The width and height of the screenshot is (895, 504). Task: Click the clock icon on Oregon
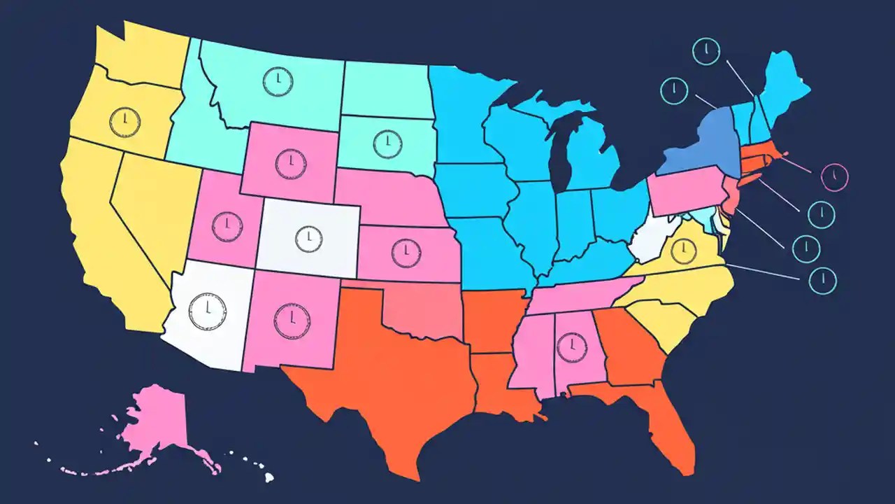[124, 120]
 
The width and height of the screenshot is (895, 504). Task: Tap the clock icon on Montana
[278, 81]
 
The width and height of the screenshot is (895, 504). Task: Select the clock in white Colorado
[308, 239]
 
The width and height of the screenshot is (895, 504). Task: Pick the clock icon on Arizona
[208, 311]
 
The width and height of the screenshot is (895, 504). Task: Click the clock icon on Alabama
[572, 346]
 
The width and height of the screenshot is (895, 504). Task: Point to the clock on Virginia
[685, 250]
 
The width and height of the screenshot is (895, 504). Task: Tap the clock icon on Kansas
[406, 252]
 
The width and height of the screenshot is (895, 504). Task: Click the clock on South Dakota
[387, 143]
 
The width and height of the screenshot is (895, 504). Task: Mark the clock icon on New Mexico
[292, 321]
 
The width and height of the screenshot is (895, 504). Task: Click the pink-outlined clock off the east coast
[833, 176]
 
